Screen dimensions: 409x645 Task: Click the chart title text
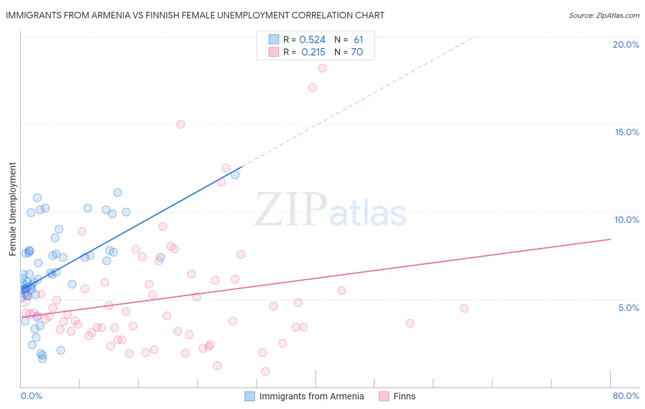coord(195,15)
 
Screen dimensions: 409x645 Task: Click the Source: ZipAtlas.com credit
coord(604,15)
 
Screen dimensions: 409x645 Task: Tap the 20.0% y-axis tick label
coord(626,44)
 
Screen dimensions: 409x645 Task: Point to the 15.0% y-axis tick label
coord(627,132)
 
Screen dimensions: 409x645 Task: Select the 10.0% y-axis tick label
coord(627,220)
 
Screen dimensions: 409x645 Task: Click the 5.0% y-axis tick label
coord(628,308)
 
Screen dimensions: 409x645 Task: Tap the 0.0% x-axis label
coord(31,396)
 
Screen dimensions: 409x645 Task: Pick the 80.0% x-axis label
coord(626,396)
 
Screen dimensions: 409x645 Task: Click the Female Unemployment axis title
coord(12,209)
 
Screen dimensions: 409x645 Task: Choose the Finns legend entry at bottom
coord(404,396)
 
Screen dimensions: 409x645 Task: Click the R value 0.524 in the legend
coord(312,40)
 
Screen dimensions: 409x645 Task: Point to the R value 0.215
coord(313,52)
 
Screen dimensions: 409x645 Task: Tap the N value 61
coord(358,40)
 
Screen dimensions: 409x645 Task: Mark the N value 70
coord(357,52)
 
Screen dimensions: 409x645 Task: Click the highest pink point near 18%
coord(322,68)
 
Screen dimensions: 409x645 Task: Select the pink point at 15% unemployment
coord(181,124)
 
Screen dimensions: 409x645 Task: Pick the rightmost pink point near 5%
coord(464,309)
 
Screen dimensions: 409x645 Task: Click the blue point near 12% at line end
coord(235,175)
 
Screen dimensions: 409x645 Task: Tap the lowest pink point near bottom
coord(265,371)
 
